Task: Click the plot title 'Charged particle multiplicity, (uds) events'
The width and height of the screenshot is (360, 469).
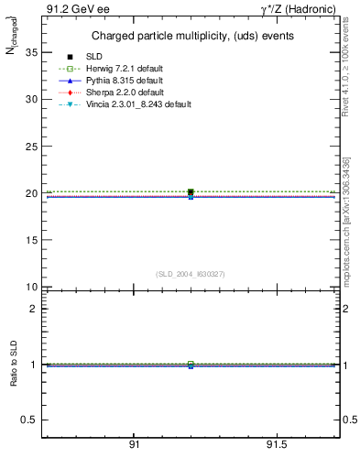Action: [x=191, y=36]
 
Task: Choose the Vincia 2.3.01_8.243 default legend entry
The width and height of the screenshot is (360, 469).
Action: [x=152, y=104]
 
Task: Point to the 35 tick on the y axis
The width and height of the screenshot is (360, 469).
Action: [x=31, y=51]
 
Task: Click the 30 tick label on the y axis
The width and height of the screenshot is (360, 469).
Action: [x=31, y=99]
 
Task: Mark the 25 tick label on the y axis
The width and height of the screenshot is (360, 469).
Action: [x=31, y=146]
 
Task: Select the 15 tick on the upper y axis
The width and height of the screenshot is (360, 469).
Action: [x=31, y=240]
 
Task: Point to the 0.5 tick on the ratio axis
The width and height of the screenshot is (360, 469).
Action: [x=29, y=420]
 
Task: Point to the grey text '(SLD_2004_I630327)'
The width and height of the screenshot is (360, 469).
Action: [x=191, y=274]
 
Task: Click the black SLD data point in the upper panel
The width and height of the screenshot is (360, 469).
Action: [x=191, y=192]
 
